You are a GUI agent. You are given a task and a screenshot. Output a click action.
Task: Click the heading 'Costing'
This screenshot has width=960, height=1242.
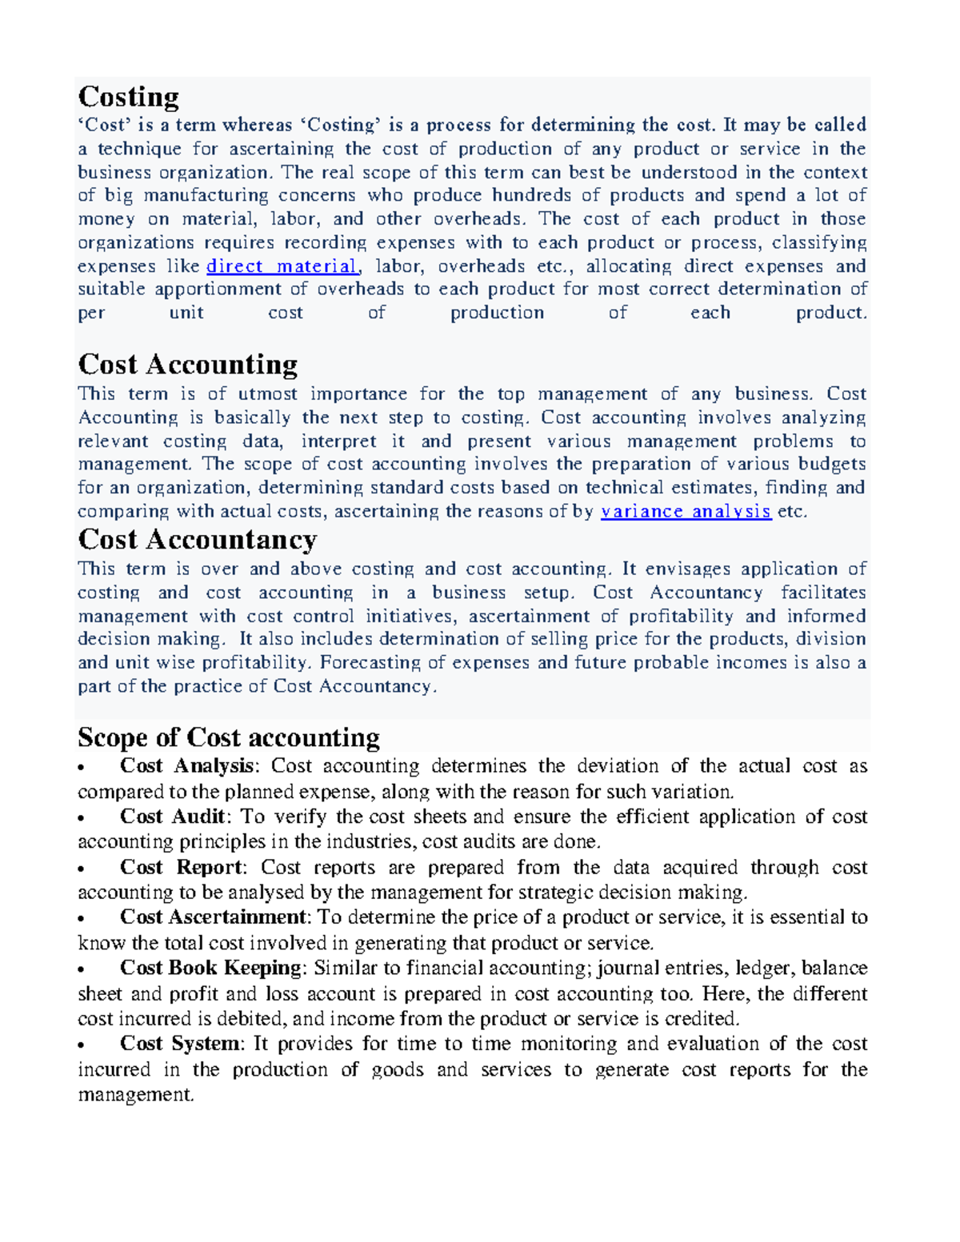point(128,97)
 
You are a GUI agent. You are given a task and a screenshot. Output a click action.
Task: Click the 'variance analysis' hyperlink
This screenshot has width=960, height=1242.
point(686,512)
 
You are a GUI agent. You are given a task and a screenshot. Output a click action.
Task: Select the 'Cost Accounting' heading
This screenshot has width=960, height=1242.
point(187,365)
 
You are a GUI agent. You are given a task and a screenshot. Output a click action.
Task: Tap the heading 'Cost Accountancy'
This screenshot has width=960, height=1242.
point(197,540)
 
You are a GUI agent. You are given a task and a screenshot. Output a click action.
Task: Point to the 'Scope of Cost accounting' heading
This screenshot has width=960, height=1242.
point(228,737)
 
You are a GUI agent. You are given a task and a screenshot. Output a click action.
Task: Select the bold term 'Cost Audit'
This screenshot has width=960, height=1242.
point(173,817)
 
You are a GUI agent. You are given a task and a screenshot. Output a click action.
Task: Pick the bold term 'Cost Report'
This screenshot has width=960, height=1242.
point(181,868)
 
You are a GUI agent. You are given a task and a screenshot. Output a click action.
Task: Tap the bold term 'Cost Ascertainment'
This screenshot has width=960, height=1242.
point(213,917)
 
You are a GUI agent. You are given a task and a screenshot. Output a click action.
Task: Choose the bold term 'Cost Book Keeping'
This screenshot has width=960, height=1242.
point(210,968)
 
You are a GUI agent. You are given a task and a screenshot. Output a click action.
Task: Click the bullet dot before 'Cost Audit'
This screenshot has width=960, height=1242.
point(82,819)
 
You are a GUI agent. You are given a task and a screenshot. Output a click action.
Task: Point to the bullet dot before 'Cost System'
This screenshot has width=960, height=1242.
point(82,1046)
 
